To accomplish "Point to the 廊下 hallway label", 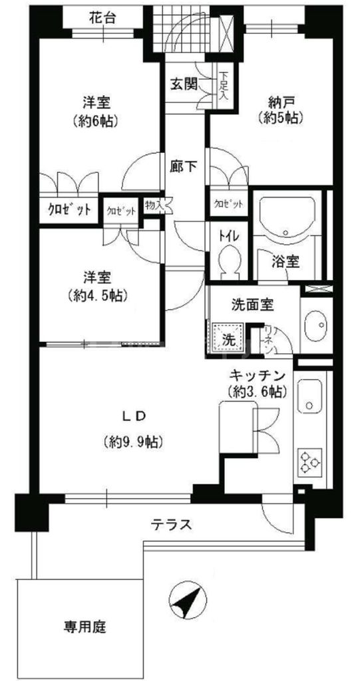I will coord(183,167).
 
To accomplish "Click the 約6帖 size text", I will coord(96,122).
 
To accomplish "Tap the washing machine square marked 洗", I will coord(228,337).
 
